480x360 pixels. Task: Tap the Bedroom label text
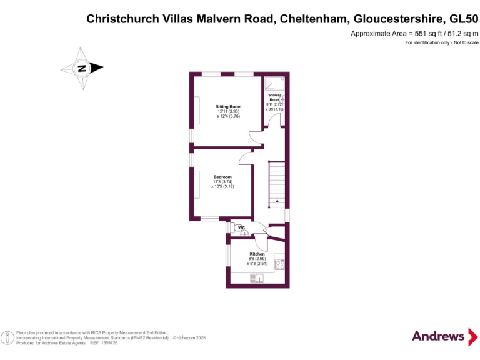click(222, 177)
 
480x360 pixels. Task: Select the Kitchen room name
click(257, 254)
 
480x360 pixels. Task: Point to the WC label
click(241, 228)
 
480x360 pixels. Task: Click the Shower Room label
click(274, 97)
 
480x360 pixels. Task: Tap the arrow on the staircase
click(277, 202)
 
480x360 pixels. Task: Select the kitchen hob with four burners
click(279, 264)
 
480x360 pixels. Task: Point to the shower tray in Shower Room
click(274, 84)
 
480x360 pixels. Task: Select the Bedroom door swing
click(244, 159)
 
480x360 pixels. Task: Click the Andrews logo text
click(438, 336)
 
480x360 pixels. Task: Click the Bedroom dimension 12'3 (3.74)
click(222, 182)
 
